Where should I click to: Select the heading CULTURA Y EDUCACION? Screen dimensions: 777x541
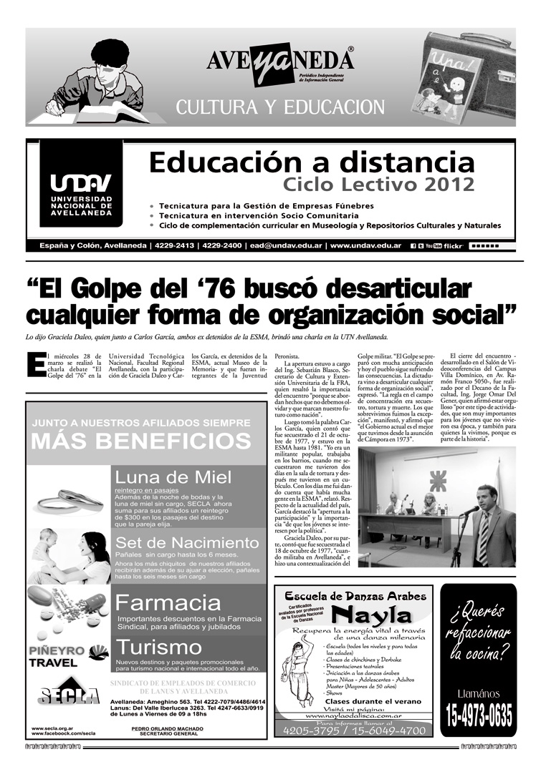[280, 107]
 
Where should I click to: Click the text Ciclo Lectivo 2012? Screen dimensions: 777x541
[378, 185]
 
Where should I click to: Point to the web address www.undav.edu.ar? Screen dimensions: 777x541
[365, 245]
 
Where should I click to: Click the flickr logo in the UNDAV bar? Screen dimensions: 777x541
[454, 245]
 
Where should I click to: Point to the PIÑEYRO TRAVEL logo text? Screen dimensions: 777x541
[54, 657]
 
